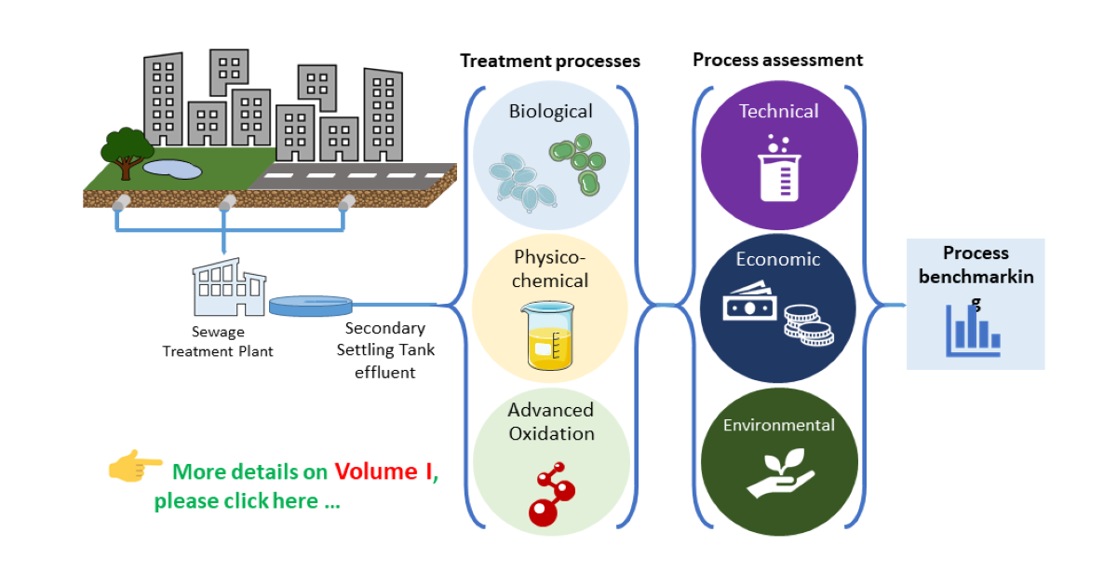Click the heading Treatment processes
[x=550, y=61]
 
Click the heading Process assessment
[x=777, y=61]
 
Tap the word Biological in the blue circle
[x=550, y=112]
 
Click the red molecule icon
[x=550, y=494]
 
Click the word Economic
[x=778, y=260]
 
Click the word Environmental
[x=779, y=426]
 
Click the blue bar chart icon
[x=974, y=330]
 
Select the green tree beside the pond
[x=127, y=150]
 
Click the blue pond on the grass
[x=171, y=169]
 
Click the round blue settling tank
[x=311, y=305]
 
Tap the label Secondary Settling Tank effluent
[x=384, y=350]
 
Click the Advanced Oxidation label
[x=550, y=422]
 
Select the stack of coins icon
[x=807, y=324]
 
